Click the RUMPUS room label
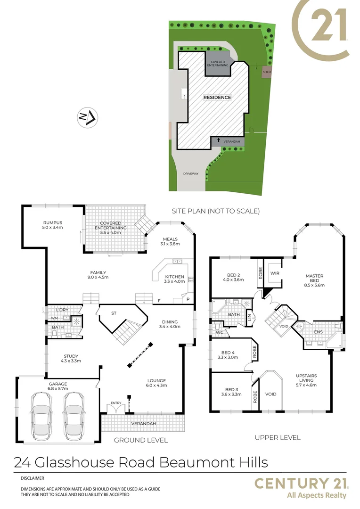click(x=53, y=223)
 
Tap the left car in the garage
click(x=41, y=415)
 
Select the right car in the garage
click(x=74, y=415)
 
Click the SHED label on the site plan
click(x=267, y=72)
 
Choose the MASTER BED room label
click(x=314, y=276)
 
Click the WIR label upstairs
click(x=275, y=273)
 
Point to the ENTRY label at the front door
click(x=116, y=402)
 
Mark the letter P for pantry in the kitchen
click(x=188, y=299)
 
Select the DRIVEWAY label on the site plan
click(x=191, y=174)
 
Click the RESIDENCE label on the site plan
click(x=217, y=98)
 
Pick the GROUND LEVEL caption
click(x=141, y=440)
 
